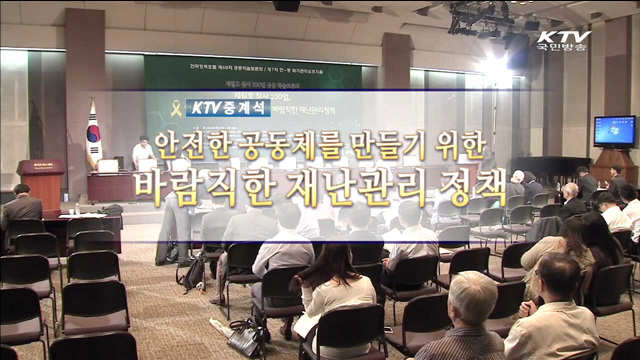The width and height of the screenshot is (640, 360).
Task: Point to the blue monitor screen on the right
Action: [614, 131]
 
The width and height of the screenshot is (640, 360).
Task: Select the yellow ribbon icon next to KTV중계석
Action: [177, 107]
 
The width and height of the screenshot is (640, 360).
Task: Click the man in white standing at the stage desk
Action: [144, 155]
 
